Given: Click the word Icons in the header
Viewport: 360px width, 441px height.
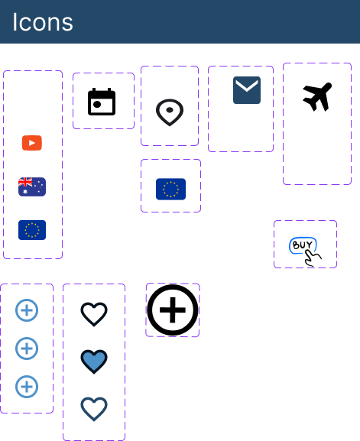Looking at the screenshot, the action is pos(43,22).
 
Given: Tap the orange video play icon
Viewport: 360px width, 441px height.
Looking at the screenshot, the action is pos(32,143).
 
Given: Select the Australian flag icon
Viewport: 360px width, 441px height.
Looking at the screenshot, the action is pos(32,186).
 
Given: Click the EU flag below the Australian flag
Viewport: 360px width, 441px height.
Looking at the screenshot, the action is pos(32,230).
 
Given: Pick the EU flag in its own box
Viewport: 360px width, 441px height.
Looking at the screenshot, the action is pos(170,189).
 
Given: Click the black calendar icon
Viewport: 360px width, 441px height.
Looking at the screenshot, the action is pos(102,102).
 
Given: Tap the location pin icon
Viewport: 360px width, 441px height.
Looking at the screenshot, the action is pos(170,112).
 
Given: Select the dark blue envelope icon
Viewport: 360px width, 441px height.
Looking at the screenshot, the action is pos(247,90).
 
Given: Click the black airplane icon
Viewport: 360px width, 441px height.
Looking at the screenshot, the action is pos(317,96).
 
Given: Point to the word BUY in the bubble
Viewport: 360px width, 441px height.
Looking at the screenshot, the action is pos(303,245).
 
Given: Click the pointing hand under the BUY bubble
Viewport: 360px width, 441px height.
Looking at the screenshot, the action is pos(313,259).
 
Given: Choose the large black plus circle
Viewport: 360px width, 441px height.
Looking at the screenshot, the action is pos(173,310).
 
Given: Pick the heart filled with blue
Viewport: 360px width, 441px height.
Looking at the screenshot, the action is pos(94,361).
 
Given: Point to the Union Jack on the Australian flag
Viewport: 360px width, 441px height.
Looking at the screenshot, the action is pos(25,182).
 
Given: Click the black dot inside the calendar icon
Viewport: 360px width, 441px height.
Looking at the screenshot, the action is pos(97,105).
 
